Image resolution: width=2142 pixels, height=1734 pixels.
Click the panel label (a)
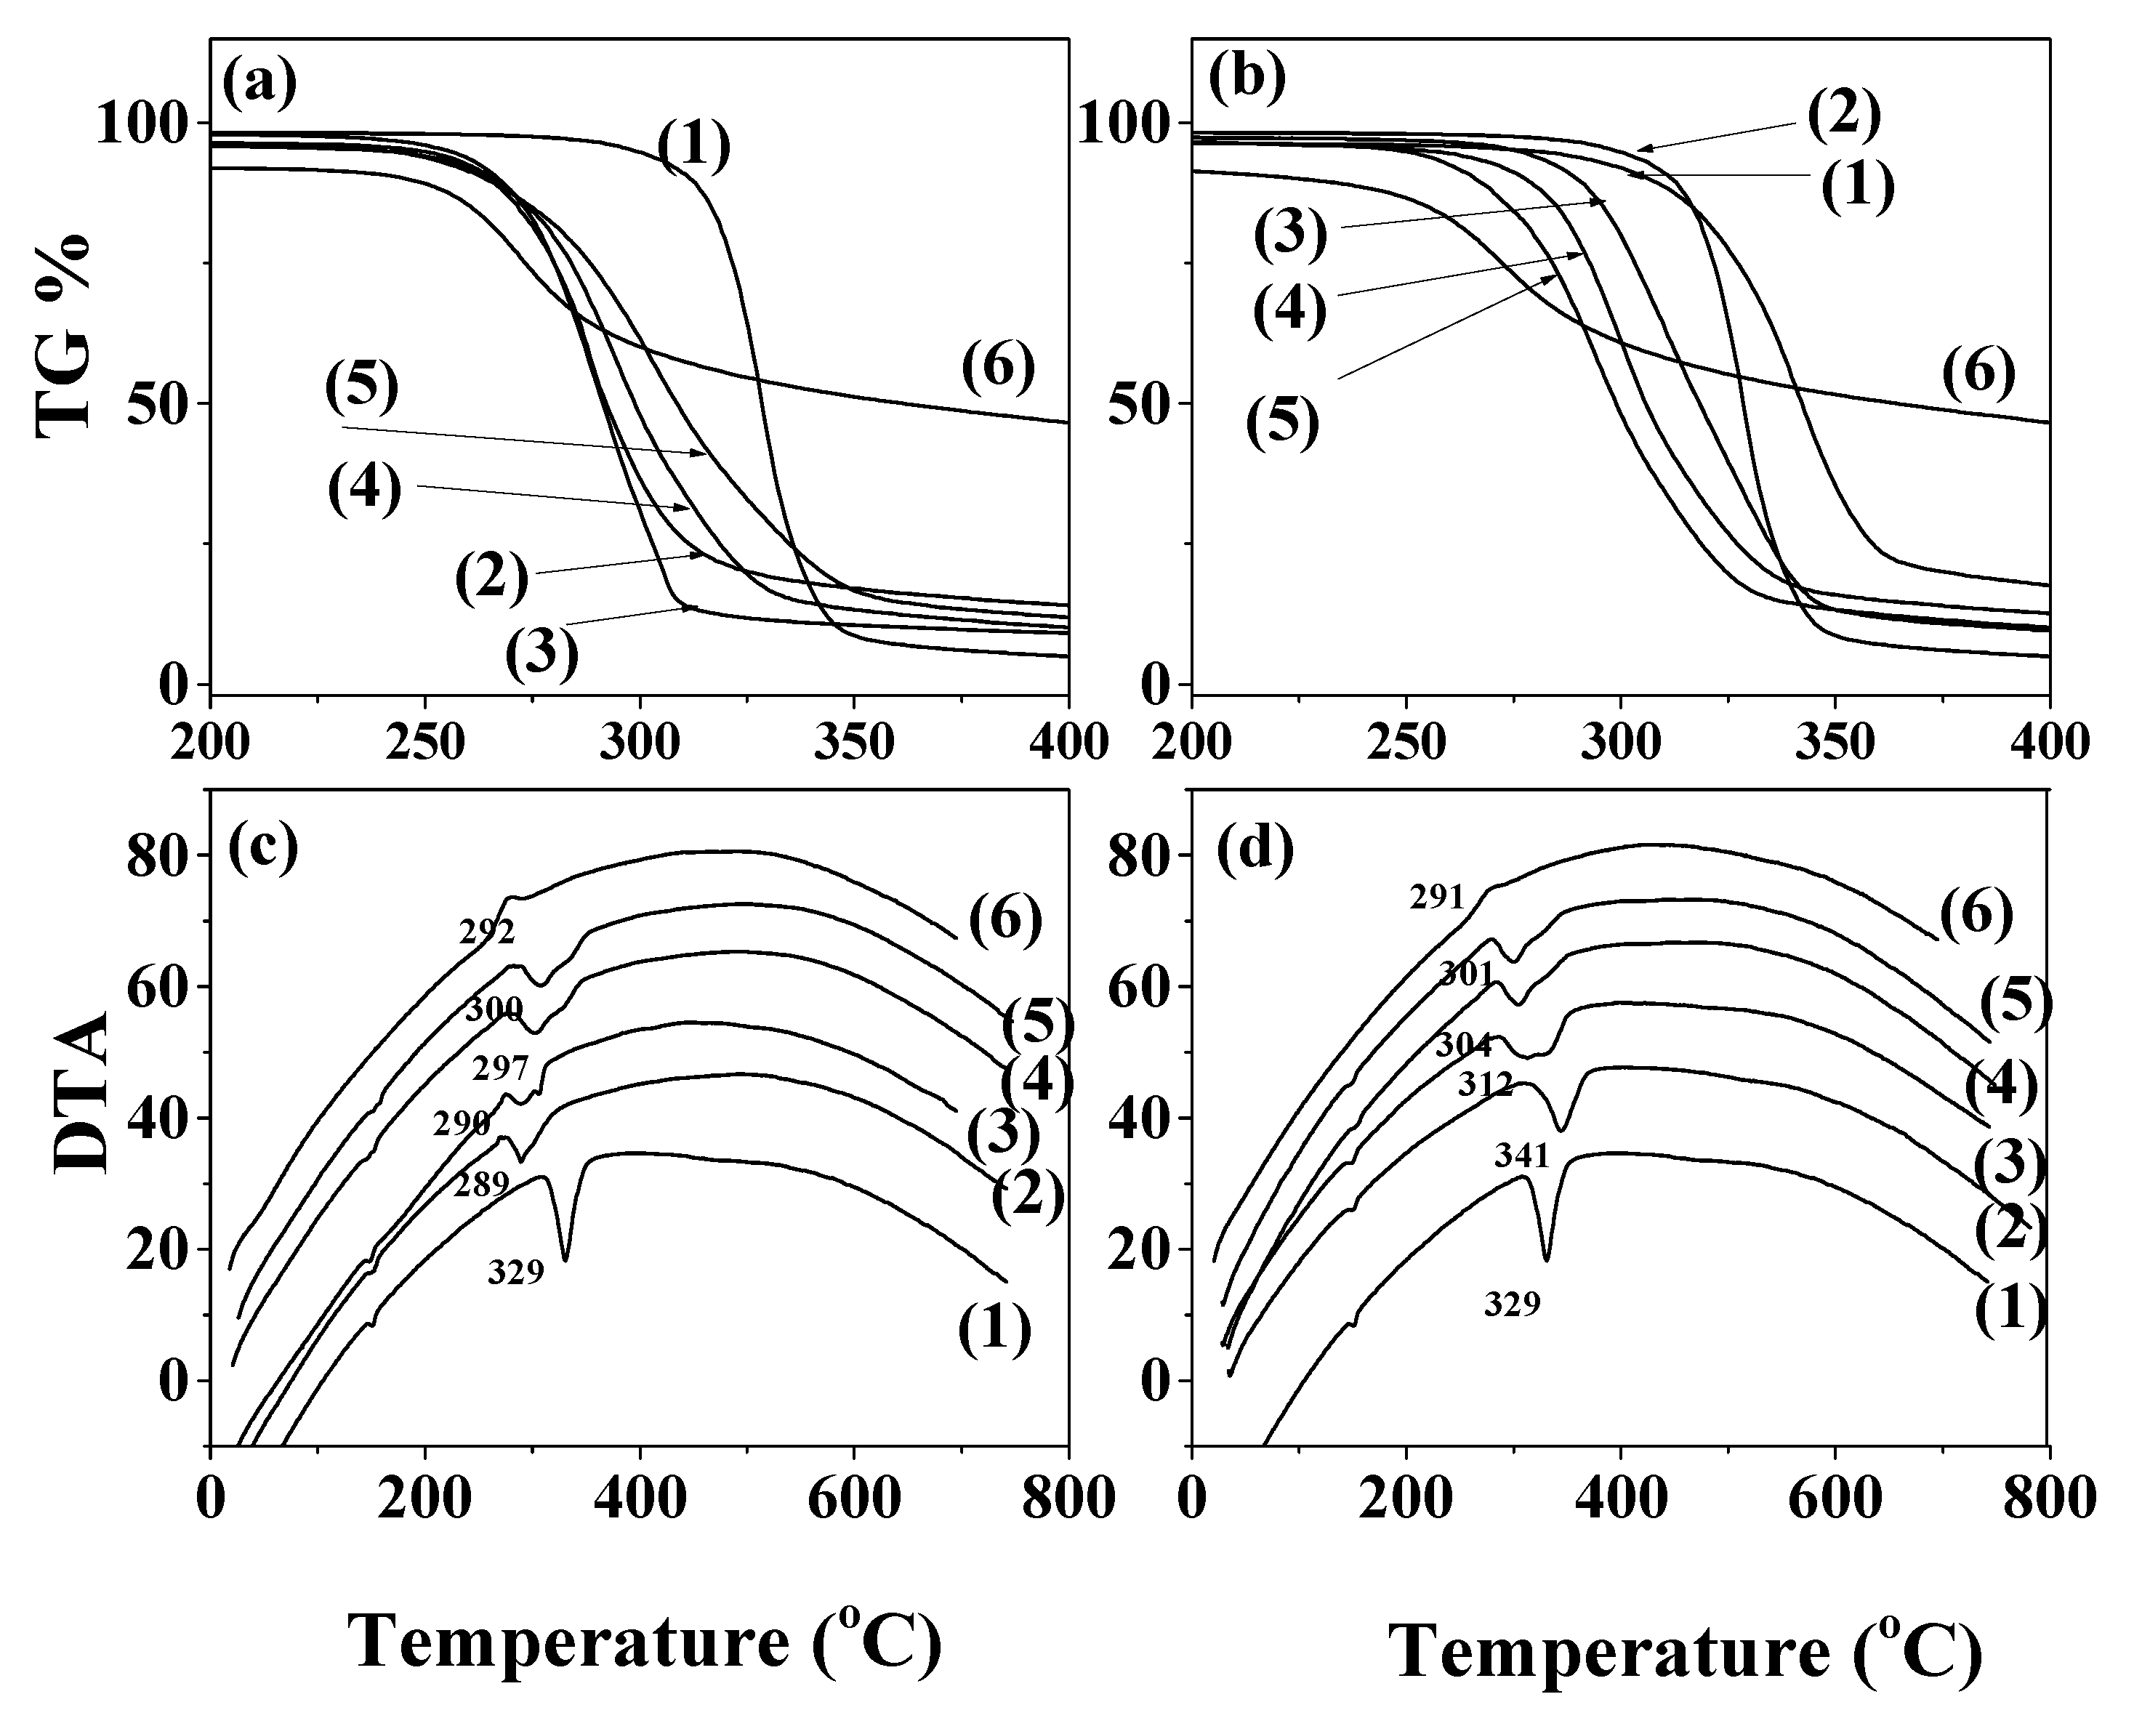259,86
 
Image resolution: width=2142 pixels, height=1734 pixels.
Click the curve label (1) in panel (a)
694,145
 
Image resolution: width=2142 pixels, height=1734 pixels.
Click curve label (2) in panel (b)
1843,115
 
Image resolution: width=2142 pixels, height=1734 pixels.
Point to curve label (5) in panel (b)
1282,422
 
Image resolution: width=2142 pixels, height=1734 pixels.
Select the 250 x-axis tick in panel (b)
1406,744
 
